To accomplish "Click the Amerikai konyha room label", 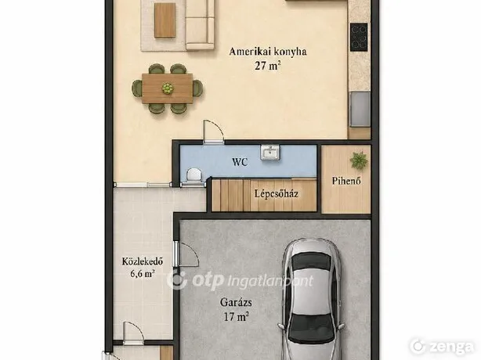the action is point(268,52).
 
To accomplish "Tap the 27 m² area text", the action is point(268,65).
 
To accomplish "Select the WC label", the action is point(240,162).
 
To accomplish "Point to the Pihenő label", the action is point(346,181).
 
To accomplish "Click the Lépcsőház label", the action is point(276,193).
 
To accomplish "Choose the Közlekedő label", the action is point(143,261).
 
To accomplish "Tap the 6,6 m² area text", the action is point(143,273).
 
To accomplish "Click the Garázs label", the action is point(236,302).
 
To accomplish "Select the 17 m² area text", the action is point(236,316).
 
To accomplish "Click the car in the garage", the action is point(311,299).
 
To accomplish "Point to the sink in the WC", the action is point(270,153).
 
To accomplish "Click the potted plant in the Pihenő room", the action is point(359,160).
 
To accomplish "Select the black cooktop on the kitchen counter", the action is point(359,37).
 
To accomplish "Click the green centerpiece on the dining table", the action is point(168,88).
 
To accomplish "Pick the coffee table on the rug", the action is point(165,20).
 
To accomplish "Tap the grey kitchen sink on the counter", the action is point(360,109).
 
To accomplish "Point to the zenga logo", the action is point(442,346).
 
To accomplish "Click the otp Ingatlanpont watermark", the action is point(240,280).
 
